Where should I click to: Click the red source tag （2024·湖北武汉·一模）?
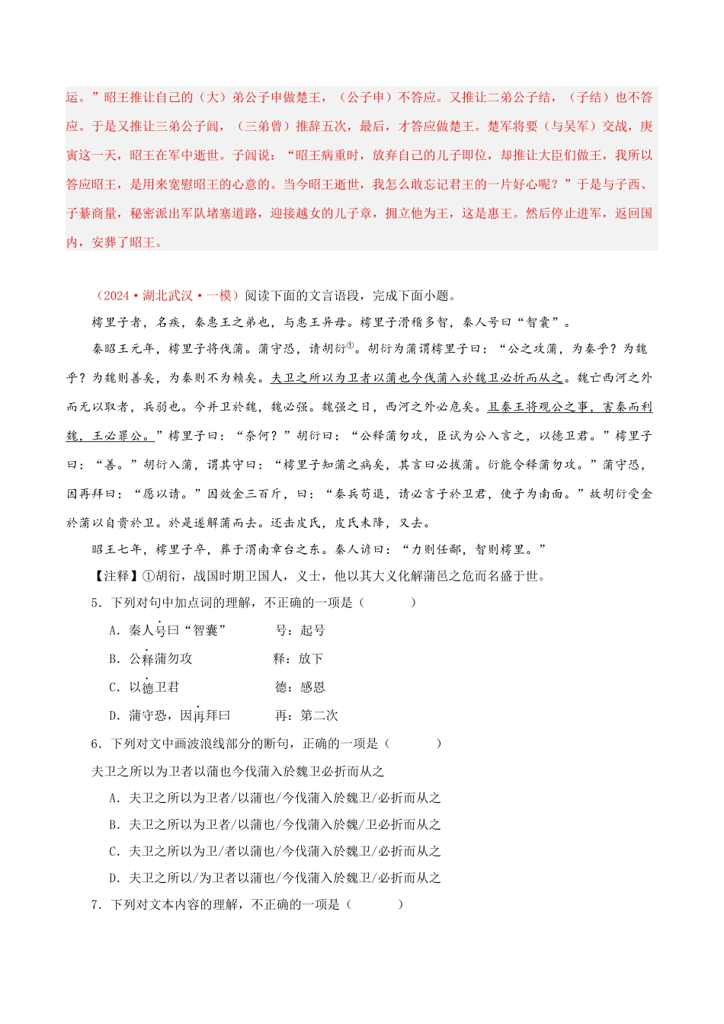click(167, 296)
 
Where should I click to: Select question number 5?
click(96, 603)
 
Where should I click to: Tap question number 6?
click(96, 743)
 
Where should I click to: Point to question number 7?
click(96, 904)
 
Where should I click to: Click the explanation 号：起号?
click(300, 630)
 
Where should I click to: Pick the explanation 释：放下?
click(298, 658)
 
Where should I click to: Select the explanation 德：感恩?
click(300, 687)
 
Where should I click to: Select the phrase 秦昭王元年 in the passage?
click(123, 349)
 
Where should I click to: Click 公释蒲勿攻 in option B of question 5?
click(161, 658)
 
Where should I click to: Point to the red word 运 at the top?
click(72, 98)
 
